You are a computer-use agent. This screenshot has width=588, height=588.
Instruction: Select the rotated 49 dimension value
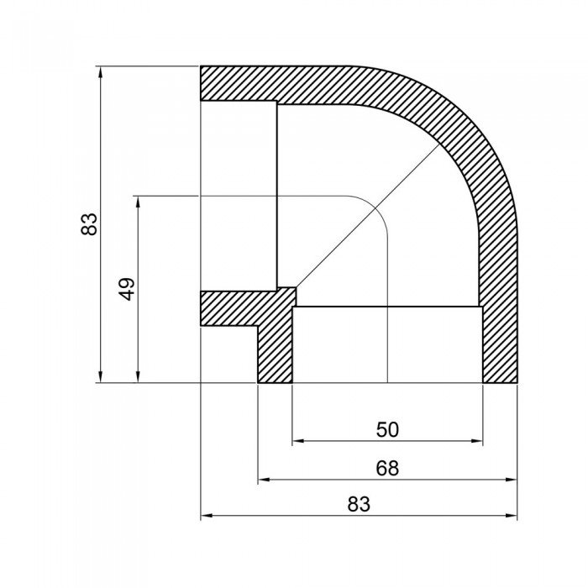[x=126, y=290]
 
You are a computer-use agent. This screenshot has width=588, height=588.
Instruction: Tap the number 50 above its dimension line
[x=387, y=429]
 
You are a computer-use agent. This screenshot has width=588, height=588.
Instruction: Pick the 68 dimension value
[x=387, y=468]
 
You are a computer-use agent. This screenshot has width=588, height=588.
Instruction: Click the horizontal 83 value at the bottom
[x=359, y=505]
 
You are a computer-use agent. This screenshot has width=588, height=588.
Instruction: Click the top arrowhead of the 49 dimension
[x=137, y=201]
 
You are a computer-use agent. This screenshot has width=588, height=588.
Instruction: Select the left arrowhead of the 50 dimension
[x=297, y=440]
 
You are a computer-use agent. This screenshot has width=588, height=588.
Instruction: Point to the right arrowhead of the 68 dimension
[x=512, y=480]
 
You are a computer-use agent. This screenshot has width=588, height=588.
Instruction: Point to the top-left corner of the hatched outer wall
[x=202, y=67]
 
